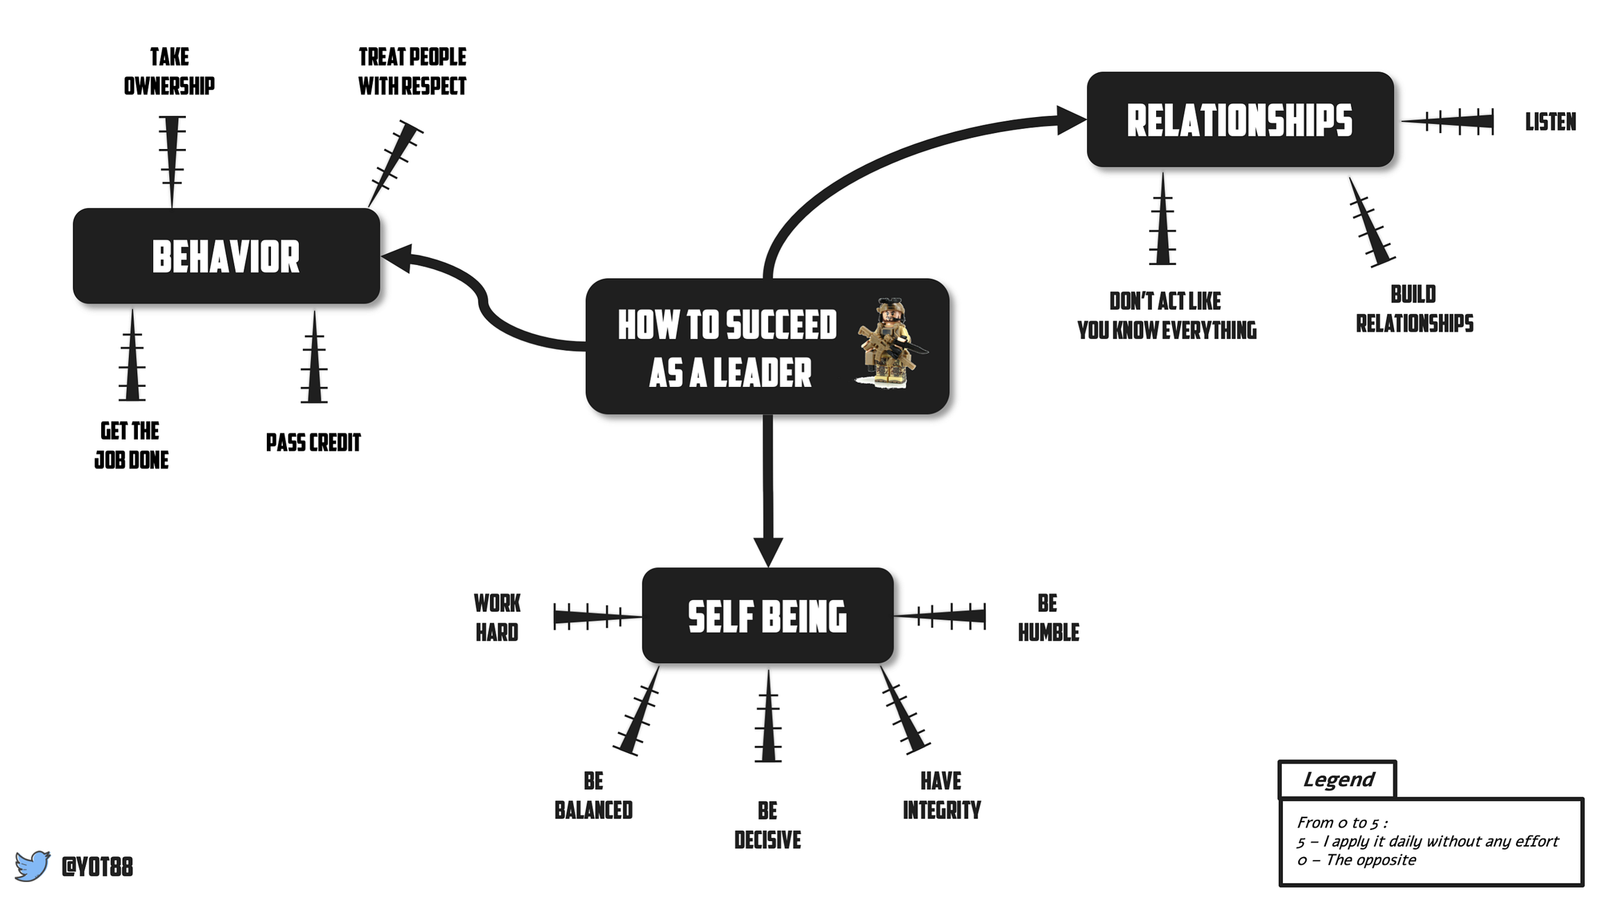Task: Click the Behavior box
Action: tap(226, 256)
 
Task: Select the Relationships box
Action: tap(1239, 120)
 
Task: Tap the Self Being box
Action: tap(767, 616)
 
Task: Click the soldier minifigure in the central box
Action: tap(889, 343)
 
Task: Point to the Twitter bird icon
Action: tap(33, 865)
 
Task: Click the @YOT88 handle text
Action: tap(97, 867)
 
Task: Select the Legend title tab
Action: tap(1337, 779)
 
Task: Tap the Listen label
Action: tap(1551, 122)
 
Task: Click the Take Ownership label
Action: tap(169, 71)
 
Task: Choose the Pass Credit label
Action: tap(313, 442)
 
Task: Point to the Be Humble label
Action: tap(1048, 618)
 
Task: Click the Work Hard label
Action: tap(497, 618)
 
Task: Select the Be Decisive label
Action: tap(767, 825)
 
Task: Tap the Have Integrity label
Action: tap(941, 795)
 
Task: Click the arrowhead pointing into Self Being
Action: tap(768, 551)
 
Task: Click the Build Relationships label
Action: tap(1414, 309)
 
